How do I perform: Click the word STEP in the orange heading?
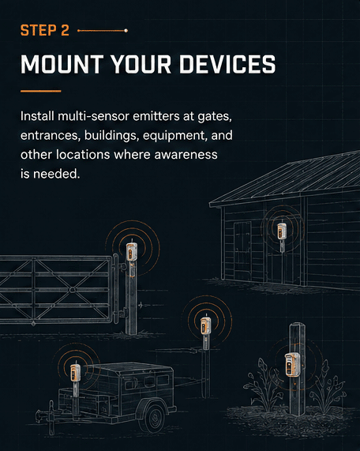(38, 30)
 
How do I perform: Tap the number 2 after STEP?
(65, 30)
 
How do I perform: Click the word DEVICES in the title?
(227, 64)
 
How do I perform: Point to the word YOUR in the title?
(141, 64)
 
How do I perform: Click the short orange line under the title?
(40, 91)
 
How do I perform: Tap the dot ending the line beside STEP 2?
(126, 31)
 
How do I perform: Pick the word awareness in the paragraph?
(186, 155)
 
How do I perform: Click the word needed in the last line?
(56, 174)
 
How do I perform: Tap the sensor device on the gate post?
(132, 251)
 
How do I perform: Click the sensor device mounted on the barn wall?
(282, 231)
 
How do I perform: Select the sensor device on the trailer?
(75, 373)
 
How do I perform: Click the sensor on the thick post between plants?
(292, 364)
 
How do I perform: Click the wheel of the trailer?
(155, 417)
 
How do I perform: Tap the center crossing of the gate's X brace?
(72, 290)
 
